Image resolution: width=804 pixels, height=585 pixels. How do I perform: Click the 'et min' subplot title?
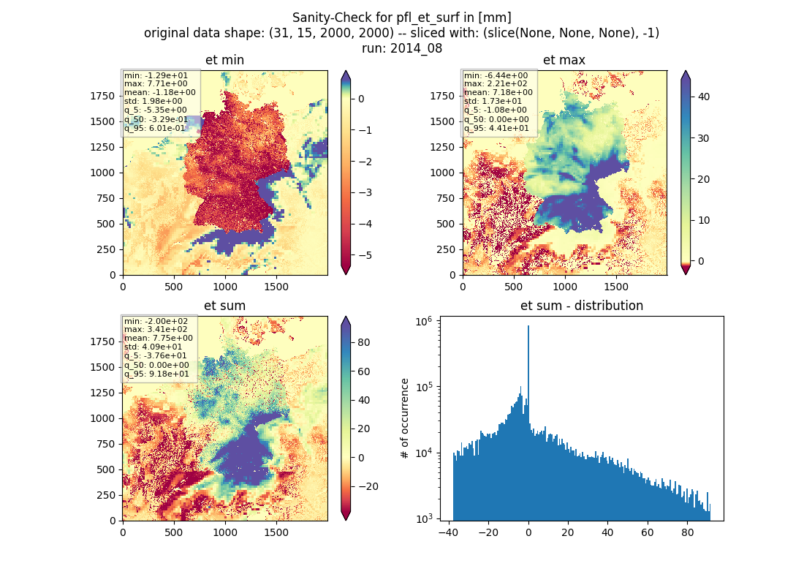pyautogui.click(x=224, y=60)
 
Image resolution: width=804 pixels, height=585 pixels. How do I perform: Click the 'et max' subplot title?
pyautogui.click(x=564, y=60)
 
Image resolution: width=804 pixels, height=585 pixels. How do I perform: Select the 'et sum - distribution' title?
pyautogui.click(x=582, y=306)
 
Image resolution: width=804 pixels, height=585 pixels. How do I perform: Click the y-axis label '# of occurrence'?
pyautogui.click(x=405, y=418)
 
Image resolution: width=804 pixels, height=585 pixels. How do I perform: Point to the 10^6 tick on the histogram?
pyautogui.click(x=423, y=322)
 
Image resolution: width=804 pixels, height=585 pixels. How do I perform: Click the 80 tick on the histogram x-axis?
pyautogui.click(x=687, y=532)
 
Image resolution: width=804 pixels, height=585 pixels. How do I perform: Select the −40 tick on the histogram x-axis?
pyautogui.click(x=448, y=532)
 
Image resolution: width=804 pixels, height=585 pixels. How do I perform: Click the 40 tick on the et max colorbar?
pyautogui.click(x=703, y=97)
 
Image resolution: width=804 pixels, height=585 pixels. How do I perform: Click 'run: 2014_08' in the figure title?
pyautogui.click(x=402, y=48)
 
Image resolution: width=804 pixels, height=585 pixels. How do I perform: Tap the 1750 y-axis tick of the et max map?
pyautogui.click(x=442, y=96)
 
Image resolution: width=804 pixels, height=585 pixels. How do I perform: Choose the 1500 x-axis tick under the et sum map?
pyautogui.click(x=276, y=532)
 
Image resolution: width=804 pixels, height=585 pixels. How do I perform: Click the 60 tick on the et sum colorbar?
pyautogui.click(x=364, y=371)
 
